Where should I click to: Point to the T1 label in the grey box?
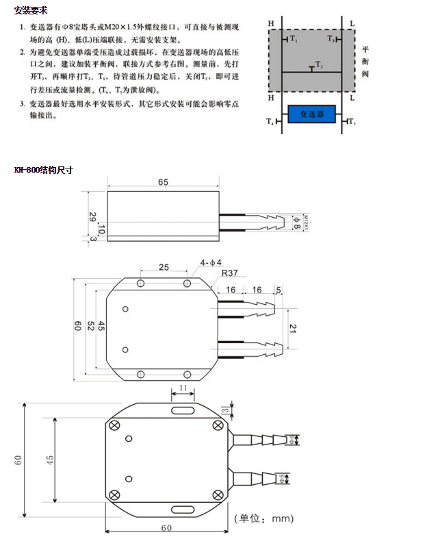(x=293, y=40)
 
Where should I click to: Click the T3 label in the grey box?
(x=331, y=40)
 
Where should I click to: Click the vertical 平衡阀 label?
(x=365, y=61)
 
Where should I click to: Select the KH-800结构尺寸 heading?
(x=44, y=169)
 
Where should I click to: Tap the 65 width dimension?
(x=163, y=182)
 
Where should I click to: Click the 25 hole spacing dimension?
(x=164, y=266)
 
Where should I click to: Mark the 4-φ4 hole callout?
(x=211, y=262)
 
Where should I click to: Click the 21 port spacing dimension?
(x=294, y=329)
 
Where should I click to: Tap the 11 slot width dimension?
(x=182, y=388)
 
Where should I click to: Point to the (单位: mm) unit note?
(x=263, y=518)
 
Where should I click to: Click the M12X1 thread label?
(x=306, y=221)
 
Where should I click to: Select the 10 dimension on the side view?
(x=101, y=227)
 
